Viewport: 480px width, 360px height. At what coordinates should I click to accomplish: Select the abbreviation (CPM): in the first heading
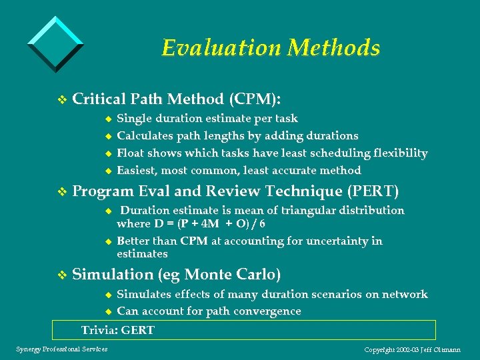(x=255, y=99)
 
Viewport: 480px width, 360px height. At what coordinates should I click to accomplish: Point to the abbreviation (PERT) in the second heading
(x=373, y=191)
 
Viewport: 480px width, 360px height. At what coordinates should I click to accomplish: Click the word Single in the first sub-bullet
(x=134, y=119)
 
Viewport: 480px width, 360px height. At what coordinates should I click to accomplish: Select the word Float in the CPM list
(x=131, y=153)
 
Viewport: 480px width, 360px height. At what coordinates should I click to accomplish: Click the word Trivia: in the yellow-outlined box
(x=100, y=330)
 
